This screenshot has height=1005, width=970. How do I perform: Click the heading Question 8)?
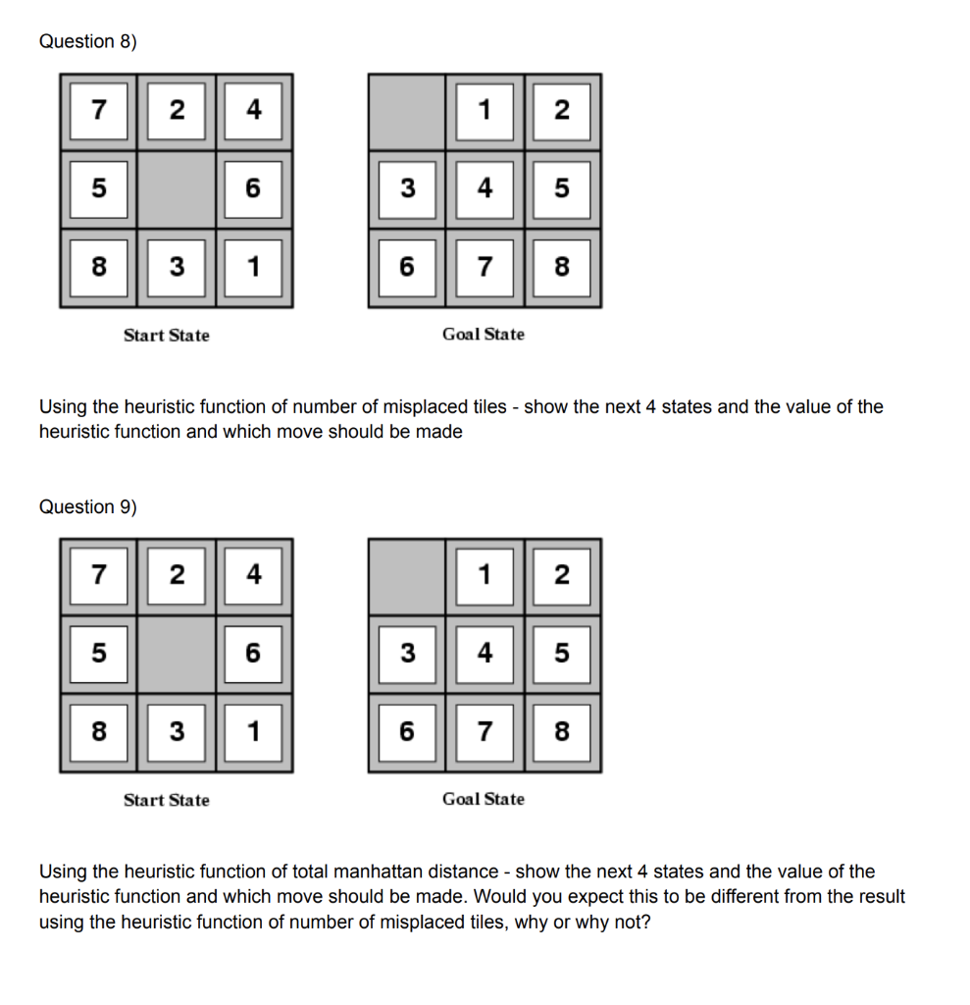point(88,41)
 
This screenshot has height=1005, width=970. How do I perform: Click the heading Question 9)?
point(88,506)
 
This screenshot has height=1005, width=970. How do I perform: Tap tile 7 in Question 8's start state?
point(98,111)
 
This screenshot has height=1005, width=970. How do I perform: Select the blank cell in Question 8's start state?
point(176,188)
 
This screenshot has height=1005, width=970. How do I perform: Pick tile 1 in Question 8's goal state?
point(484,111)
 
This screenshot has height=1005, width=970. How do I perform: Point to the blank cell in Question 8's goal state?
point(407,111)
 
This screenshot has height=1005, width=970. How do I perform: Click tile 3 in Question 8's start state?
point(176,266)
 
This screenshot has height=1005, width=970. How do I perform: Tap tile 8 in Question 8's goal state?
point(561,266)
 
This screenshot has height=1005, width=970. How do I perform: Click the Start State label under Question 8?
point(166,336)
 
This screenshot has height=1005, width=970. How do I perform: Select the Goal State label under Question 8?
point(483,335)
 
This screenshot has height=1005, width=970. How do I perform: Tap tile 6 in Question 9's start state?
point(253,654)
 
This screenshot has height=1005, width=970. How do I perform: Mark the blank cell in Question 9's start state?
point(176,654)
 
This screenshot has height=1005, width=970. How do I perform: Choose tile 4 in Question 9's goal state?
point(484,654)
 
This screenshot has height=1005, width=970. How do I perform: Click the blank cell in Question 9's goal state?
point(407,576)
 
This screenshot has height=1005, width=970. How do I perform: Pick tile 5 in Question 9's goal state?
point(561,654)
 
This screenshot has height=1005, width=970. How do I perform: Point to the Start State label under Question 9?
point(166,801)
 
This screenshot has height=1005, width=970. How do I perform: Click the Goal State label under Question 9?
point(483,800)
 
